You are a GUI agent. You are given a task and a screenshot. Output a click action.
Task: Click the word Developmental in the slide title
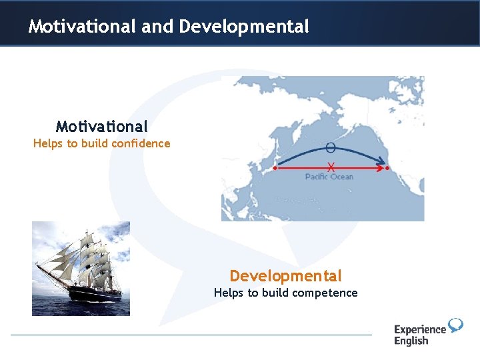tap(244, 27)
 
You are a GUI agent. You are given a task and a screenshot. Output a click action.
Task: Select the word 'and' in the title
tap(157, 27)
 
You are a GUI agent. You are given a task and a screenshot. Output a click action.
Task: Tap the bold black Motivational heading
tap(102, 126)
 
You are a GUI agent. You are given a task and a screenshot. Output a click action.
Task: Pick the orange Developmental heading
tap(285, 276)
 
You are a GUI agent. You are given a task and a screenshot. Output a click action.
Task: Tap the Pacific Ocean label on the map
tap(329, 177)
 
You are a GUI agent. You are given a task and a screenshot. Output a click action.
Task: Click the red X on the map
tap(331, 167)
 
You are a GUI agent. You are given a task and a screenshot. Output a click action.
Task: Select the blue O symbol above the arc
tap(331, 148)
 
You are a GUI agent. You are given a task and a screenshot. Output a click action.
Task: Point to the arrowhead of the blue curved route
tap(382, 161)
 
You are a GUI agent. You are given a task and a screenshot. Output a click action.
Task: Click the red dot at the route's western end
tap(275, 169)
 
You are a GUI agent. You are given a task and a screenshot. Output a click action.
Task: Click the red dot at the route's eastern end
tap(388, 169)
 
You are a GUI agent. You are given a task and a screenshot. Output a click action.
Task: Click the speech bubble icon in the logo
tap(455, 325)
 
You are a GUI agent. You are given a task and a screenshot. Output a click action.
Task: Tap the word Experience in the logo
tap(420, 329)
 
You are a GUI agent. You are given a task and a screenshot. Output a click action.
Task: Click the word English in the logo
tap(411, 341)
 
